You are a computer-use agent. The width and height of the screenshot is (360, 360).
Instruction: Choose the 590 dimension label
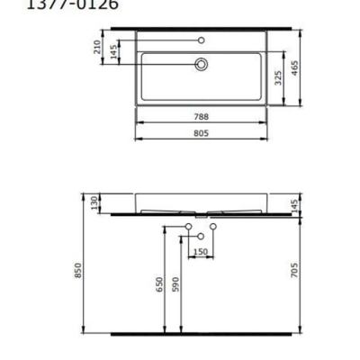point(176,285)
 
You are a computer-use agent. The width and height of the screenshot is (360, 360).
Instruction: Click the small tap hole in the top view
point(202,40)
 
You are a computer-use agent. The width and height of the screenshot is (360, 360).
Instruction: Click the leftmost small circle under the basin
point(187,224)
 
